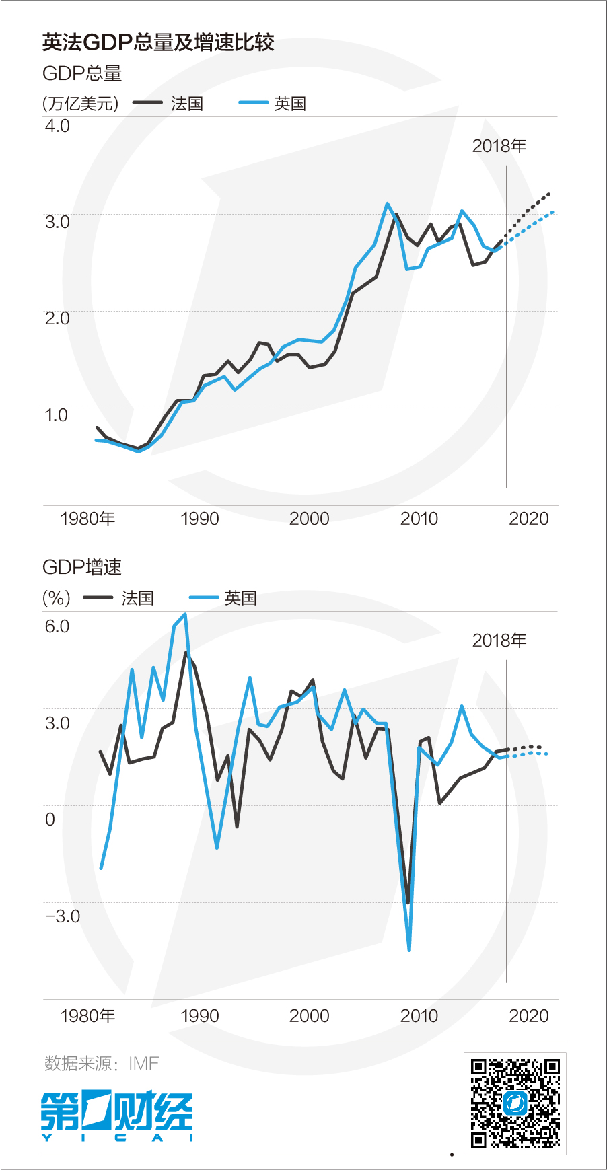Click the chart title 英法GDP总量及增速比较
157,43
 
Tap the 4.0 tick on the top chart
57,126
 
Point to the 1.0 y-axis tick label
57,414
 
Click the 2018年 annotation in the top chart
499,146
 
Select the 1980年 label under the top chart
87,519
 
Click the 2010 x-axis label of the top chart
419,519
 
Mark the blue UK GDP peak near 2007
388,203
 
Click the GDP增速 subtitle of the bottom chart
81,567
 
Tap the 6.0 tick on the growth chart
57,626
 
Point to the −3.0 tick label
63,916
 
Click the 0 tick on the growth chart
50,819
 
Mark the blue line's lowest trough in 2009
409,949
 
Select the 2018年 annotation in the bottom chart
499,641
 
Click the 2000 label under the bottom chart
309,1016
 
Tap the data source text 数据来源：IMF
102,1063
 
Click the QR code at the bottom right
515,1103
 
